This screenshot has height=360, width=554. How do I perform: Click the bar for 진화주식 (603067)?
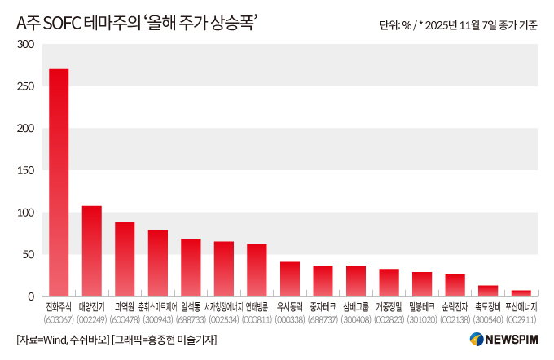click(x=59, y=182)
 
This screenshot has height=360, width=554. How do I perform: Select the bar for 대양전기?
click(x=92, y=251)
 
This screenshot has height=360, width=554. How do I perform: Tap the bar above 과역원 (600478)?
click(x=125, y=259)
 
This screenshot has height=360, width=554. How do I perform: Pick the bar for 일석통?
click(x=191, y=267)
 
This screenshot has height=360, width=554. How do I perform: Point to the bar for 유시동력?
click(x=290, y=279)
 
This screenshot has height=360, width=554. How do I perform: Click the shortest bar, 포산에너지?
click(x=521, y=293)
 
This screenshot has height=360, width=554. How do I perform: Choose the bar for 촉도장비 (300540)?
click(x=488, y=291)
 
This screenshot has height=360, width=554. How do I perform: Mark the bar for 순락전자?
click(x=455, y=285)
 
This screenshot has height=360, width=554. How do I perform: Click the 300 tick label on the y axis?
click(x=25, y=44)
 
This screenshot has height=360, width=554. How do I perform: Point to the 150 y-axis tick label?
click(x=25, y=170)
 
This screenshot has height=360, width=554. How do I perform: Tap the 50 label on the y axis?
click(x=29, y=254)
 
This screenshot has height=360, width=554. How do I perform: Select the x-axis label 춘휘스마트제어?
click(x=158, y=307)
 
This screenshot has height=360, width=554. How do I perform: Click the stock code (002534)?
click(x=224, y=320)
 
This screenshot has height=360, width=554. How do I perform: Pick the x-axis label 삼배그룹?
click(x=356, y=307)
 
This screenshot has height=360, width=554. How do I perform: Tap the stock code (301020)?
click(x=422, y=320)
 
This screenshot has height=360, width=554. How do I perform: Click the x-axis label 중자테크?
click(x=323, y=307)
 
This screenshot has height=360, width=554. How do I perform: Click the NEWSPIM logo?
click(x=503, y=339)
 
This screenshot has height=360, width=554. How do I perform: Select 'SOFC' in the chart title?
click(x=62, y=24)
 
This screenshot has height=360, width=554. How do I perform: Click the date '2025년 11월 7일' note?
click(x=461, y=25)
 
